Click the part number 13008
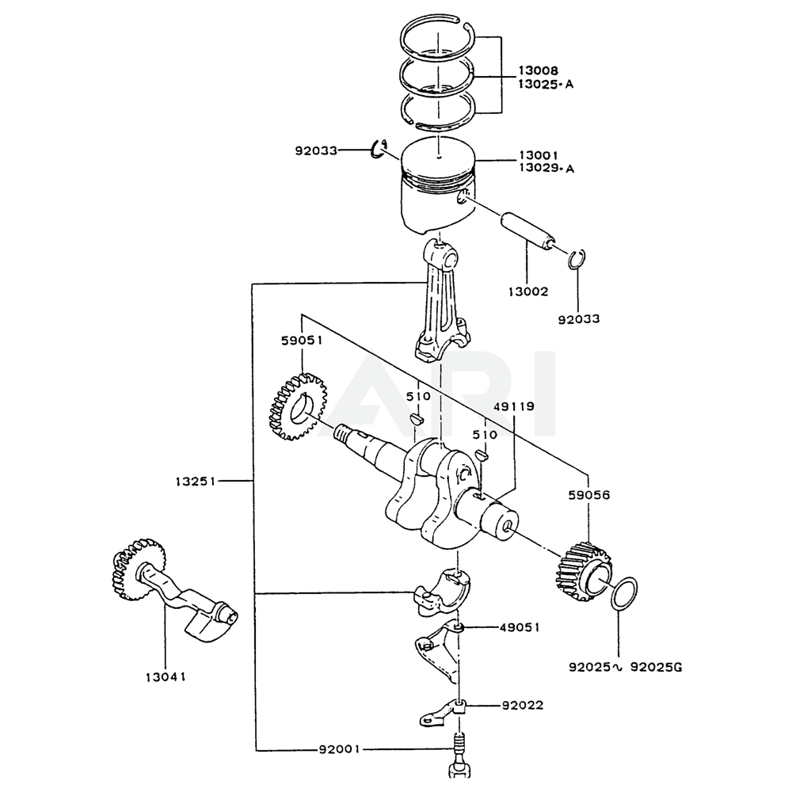pyautogui.click(x=539, y=71)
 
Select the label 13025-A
pyautogui.click(x=546, y=84)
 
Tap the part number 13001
pyautogui.click(x=539, y=156)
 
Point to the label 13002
pyautogui.click(x=528, y=291)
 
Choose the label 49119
pyautogui.click(x=514, y=406)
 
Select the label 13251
pyautogui.click(x=197, y=481)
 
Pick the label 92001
pyautogui.click(x=340, y=748)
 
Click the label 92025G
pyautogui.click(x=656, y=668)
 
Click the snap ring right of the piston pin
pyautogui.click(x=577, y=260)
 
